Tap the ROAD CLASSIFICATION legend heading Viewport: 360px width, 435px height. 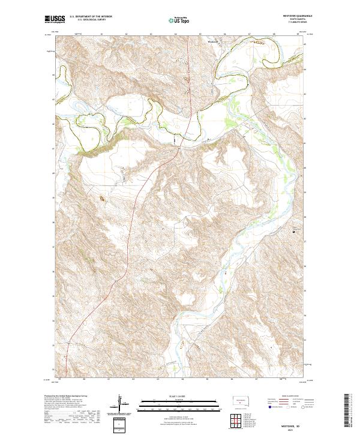pos(286,396)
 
